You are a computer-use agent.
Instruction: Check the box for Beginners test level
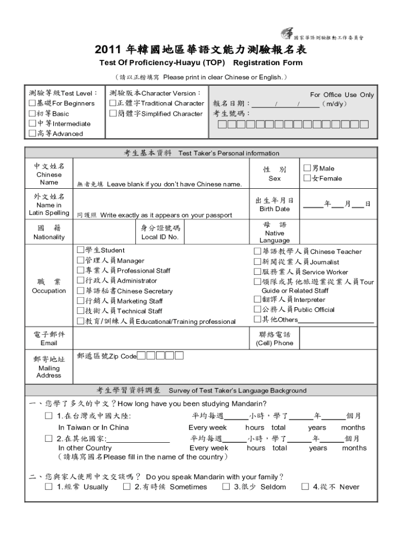coord(32,103)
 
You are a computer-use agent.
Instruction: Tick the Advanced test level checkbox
coord(32,133)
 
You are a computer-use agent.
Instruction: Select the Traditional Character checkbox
coord(112,103)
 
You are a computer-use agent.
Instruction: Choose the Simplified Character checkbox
coord(112,114)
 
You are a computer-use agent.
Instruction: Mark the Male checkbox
coord(307,168)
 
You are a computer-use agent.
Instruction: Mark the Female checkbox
coord(307,178)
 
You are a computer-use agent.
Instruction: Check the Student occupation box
coord(80,250)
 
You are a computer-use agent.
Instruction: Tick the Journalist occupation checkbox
coord(257,262)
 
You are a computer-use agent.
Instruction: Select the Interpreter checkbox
coord(257,299)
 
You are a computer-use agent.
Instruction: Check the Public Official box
coord(257,309)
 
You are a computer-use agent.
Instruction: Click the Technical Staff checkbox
coord(80,311)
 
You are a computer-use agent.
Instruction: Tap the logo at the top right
coord(287,33)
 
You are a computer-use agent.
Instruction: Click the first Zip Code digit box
coord(141,356)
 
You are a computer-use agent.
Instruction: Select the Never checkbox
coord(305,487)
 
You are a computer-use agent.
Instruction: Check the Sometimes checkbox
coord(127,487)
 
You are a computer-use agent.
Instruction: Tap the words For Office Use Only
coord(342,94)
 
